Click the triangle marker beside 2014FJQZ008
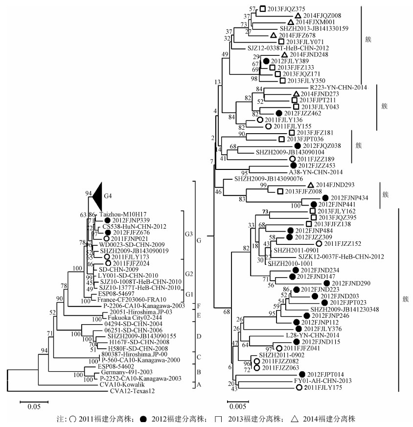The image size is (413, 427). [x=298, y=16]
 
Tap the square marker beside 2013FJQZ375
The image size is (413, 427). [x=263, y=8]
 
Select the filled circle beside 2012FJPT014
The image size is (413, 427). [x=302, y=374]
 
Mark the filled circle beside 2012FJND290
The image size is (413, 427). [x=327, y=283]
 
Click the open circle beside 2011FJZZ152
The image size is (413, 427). [x=319, y=243]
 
